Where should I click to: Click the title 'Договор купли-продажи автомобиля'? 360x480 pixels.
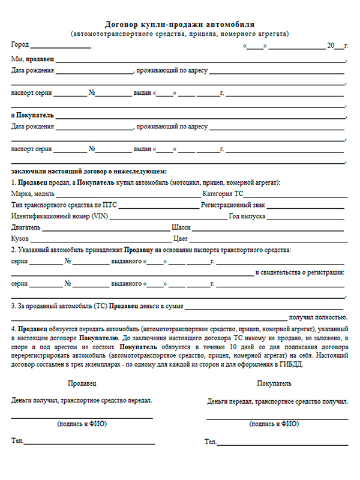[179, 25]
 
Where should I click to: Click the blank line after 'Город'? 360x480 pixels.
[61, 46]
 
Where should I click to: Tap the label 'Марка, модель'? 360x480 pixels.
[32, 194]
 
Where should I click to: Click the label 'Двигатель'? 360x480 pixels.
[26, 227]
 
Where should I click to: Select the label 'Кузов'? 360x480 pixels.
[20, 238]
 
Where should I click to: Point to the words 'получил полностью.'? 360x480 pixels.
[318, 317]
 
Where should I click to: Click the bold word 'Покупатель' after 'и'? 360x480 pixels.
[35, 115]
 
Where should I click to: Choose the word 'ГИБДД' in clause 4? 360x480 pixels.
[280, 364]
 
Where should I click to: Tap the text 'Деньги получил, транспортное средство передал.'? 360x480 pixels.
[82, 400]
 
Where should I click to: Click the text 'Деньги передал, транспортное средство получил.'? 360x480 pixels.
[277, 401]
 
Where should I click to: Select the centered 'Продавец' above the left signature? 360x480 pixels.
[82, 382]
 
